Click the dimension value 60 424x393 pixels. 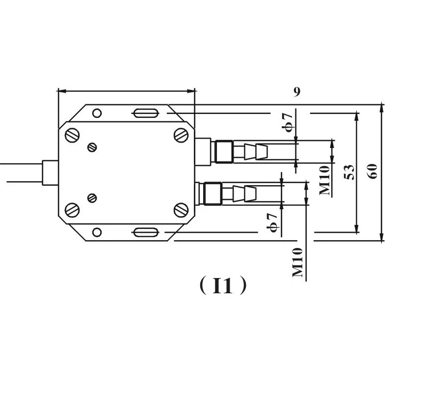click(x=372, y=171)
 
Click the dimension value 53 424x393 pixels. click(x=349, y=172)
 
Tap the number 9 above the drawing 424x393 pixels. click(x=297, y=92)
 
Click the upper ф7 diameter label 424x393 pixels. click(x=288, y=122)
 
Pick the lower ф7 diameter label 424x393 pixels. click(x=272, y=223)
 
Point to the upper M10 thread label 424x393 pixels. click(x=325, y=180)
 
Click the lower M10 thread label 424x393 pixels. click(x=298, y=262)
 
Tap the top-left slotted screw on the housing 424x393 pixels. click(x=72, y=135)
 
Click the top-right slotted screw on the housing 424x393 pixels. click(x=181, y=135)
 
